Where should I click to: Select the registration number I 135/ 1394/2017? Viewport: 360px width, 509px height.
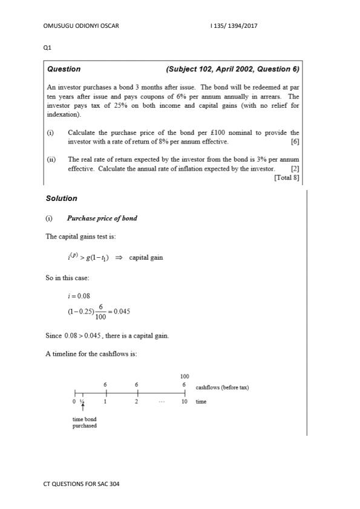(x=235, y=26)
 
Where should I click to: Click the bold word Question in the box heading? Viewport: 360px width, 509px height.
(x=64, y=69)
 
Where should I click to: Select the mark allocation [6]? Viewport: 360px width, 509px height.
(x=295, y=142)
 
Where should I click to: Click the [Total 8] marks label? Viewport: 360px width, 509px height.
(x=286, y=177)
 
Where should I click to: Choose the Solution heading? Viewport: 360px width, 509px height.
(x=62, y=199)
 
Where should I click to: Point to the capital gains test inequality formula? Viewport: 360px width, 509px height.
(x=115, y=257)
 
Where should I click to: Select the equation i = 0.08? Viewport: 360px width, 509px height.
(x=79, y=296)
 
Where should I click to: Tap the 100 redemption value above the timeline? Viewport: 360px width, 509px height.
(x=185, y=376)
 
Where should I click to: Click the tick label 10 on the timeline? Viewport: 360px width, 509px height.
(x=185, y=402)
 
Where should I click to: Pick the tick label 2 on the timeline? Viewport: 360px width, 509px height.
(x=137, y=402)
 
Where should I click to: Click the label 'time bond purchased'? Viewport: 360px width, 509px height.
(x=84, y=422)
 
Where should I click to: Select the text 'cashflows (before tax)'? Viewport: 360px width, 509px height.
(x=223, y=387)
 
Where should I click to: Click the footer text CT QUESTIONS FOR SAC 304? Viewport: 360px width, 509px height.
(x=82, y=484)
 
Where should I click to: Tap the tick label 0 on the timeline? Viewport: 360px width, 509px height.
(x=74, y=402)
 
